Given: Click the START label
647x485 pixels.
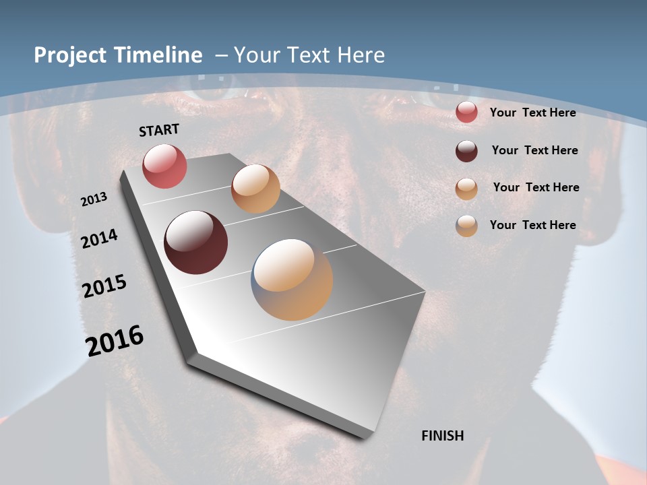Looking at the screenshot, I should pos(159,130).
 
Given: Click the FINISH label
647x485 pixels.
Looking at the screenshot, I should pos(442,436).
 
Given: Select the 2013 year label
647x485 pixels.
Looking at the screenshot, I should pos(94,199).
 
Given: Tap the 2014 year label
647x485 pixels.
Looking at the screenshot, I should pos(100,238).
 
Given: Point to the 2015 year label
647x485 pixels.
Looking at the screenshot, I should pos(104,286).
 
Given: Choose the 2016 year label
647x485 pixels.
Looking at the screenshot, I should pos(115,340).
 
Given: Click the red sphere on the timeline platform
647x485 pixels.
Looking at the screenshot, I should pos(164,166).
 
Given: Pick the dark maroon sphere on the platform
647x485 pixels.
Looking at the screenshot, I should pos(196,243).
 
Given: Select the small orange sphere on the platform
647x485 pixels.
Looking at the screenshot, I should pos(255,189).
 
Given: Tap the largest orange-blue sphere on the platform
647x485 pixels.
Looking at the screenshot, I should pos(292,280).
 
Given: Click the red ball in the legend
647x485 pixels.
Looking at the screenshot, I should pos(466,112).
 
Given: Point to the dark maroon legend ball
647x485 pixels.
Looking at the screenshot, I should pos(466,151).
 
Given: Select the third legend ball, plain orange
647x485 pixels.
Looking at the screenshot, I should pos(466,189).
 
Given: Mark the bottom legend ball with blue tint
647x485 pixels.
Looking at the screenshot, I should pos(466,226).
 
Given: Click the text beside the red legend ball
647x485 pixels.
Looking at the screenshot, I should pos(532,112).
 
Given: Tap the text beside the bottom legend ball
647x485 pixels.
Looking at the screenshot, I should pos(532,225).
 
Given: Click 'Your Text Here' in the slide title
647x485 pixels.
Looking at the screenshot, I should pos(309,55).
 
